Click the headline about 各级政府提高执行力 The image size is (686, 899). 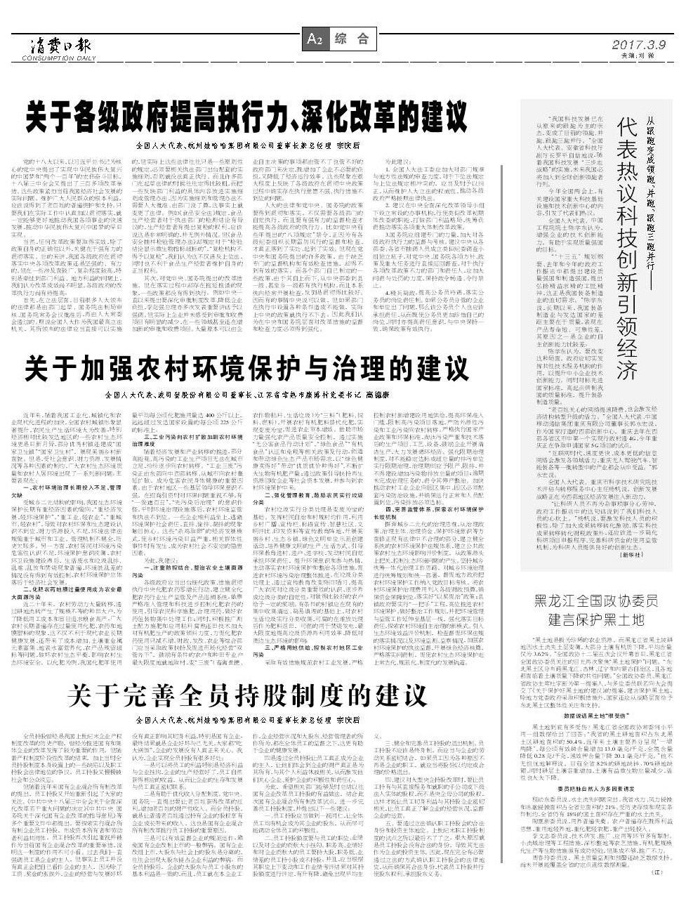(244, 116)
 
